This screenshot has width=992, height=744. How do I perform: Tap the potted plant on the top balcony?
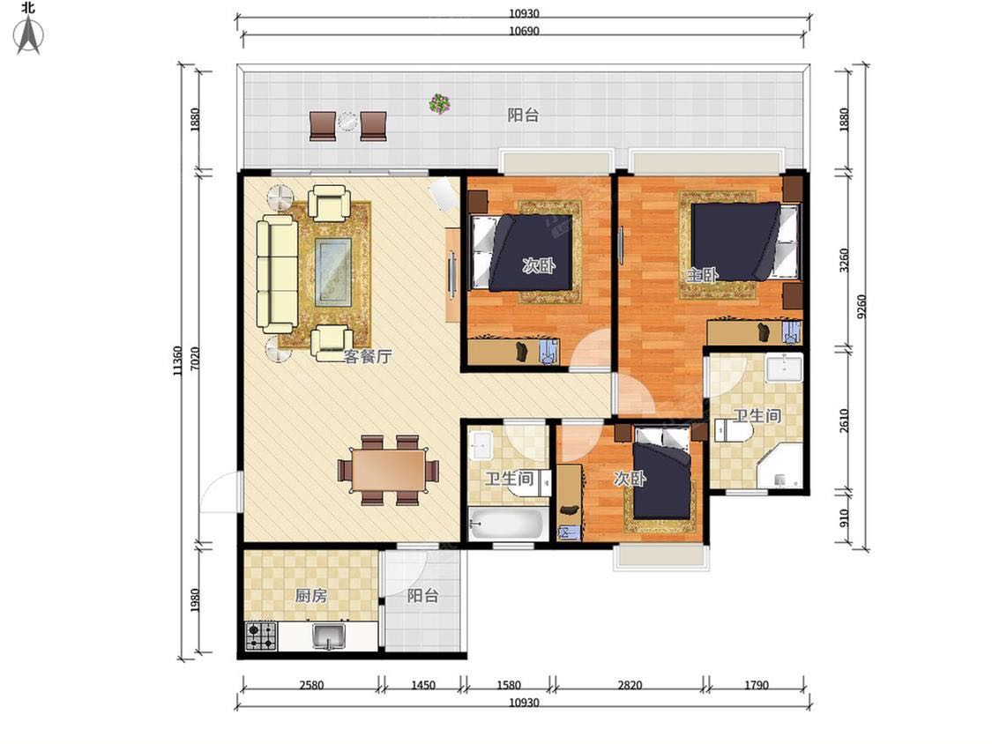pos(439,103)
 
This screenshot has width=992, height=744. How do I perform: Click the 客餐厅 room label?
pos(368,356)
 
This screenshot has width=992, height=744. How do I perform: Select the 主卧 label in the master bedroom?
pos(703,274)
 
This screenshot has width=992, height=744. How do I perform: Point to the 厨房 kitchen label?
pos(311,595)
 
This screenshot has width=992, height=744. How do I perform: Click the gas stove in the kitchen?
pos(261,636)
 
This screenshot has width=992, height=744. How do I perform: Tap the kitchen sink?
pos(329,636)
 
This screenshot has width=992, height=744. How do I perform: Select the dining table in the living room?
pos(389,470)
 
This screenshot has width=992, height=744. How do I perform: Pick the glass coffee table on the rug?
pos(333,271)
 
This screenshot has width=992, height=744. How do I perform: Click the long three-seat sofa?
pos(277,273)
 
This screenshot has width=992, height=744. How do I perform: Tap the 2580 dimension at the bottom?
pos(311,685)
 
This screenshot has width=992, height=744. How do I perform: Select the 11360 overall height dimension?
pos(178,361)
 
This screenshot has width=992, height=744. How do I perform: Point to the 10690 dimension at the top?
pos(524,31)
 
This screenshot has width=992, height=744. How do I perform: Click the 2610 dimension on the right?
pos(844,420)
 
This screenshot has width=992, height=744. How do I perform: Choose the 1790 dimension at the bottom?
pos(756,685)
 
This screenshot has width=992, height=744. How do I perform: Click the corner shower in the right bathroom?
pos(780,465)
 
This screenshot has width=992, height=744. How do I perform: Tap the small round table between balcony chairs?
pos(347,121)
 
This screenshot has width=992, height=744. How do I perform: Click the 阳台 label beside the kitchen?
pos(422,595)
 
